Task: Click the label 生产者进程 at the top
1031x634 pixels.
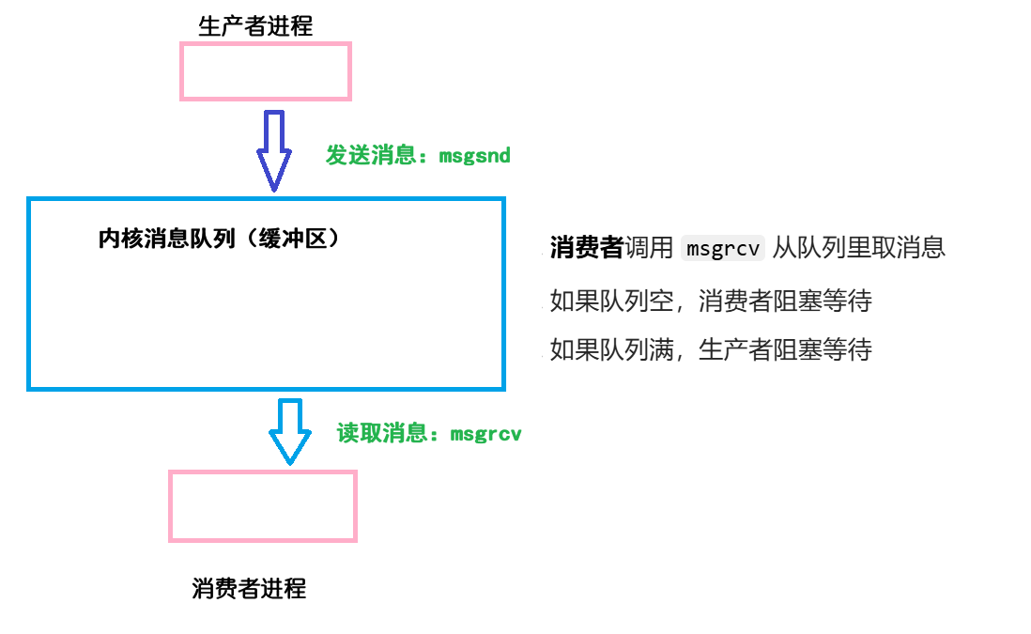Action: (x=255, y=26)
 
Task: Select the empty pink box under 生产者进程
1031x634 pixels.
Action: (x=266, y=71)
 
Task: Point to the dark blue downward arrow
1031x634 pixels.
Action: (x=274, y=150)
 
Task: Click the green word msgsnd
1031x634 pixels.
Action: (x=475, y=156)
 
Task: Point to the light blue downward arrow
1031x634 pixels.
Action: (x=290, y=430)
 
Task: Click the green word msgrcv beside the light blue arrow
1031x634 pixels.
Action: (x=485, y=434)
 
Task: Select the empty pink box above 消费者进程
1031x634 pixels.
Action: (x=263, y=505)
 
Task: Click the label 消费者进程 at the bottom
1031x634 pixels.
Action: (x=249, y=589)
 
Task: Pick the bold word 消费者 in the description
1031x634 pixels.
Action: (x=587, y=248)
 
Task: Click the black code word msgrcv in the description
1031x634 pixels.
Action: (x=723, y=249)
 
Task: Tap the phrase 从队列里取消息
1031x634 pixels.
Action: (x=859, y=248)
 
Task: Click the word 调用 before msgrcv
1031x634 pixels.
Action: (x=649, y=248)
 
